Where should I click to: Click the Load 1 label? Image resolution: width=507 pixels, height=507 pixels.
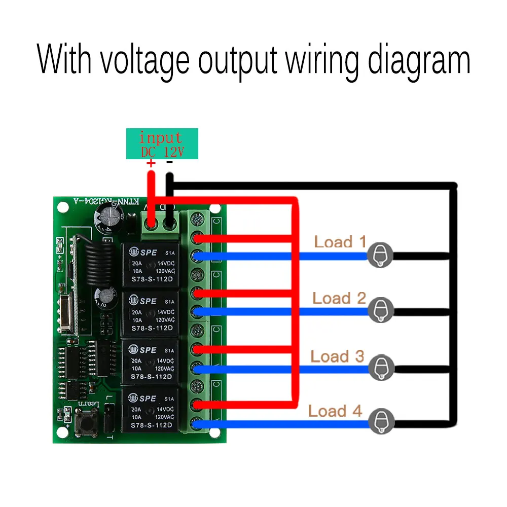340,242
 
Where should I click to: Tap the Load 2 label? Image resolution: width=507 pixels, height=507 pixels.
339,298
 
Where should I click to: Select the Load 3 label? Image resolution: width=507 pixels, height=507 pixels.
337,356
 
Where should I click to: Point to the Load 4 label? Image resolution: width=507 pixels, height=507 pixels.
335,411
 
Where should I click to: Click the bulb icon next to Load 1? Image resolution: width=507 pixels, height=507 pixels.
380,255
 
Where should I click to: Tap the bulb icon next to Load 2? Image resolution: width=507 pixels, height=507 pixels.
380,310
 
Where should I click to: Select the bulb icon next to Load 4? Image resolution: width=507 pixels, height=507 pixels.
380,422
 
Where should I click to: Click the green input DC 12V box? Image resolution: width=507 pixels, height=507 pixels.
162,143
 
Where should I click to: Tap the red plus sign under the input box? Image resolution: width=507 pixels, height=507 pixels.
151,163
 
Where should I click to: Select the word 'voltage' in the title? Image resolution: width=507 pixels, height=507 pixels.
144,61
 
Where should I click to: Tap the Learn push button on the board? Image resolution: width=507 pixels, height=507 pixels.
83,424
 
